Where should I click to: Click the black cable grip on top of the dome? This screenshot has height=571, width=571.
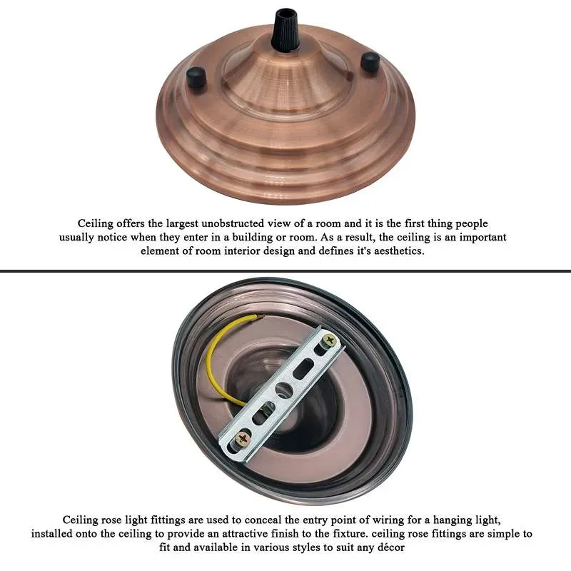click(x=285, y=30)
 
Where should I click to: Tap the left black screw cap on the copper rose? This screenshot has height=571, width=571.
click(x=197, y=76)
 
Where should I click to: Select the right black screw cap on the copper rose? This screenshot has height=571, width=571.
click(x=370, y=62)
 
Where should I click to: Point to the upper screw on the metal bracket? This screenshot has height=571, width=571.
click(x=330, y=340)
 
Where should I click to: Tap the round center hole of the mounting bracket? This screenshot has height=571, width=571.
click(x=284, y=390)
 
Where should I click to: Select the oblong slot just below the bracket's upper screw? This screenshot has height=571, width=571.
click(x=304, y=368)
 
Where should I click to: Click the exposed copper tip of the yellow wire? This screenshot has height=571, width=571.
click(x=260, y=316)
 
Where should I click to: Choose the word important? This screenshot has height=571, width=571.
click(x=482, y=238)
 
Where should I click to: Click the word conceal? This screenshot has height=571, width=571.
click(x=263, y=520)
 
